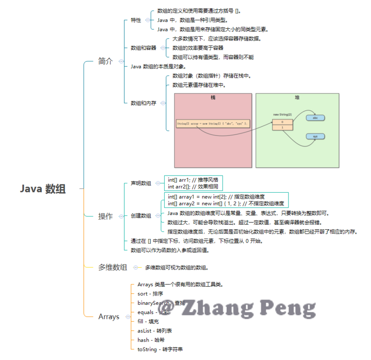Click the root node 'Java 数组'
43,189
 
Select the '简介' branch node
105,61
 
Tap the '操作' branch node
105,216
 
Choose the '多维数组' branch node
112,267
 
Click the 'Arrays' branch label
109,317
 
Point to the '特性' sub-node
136,20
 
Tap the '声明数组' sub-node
141,183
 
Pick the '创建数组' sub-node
141,216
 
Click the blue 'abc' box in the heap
315,118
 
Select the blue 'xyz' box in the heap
315,137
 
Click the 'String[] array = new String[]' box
213,124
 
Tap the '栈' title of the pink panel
213,98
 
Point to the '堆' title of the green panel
297,98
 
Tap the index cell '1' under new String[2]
282,127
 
